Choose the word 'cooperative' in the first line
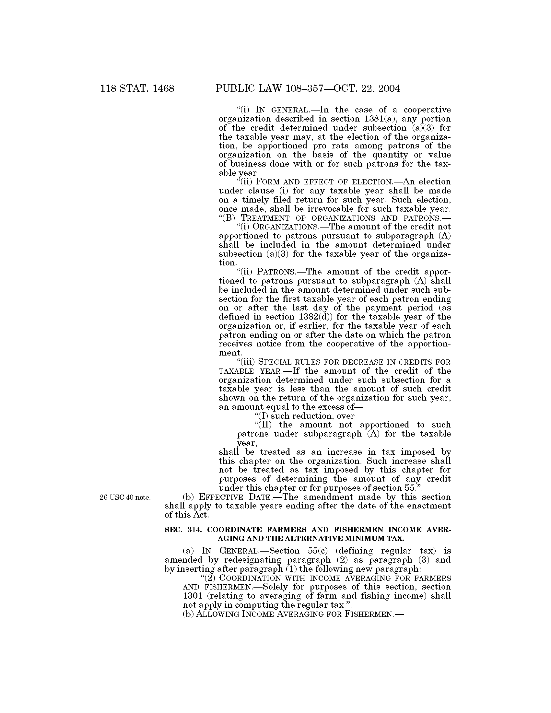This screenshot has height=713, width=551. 427,110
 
